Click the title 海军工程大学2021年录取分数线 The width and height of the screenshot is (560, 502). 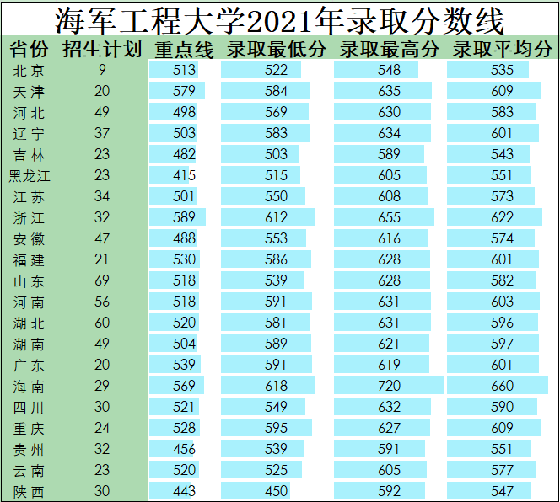point(279,19)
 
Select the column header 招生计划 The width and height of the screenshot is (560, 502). point(102,49)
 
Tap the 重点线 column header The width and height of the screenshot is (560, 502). point(184,49)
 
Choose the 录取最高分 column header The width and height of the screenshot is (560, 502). point(389,49)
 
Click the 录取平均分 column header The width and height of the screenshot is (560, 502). point(502,49)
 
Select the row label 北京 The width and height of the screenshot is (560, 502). point(30,70)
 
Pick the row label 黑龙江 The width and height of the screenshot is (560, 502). point(30,175)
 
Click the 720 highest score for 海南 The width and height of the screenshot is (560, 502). point(390,386)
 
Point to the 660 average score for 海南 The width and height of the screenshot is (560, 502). point(502,386)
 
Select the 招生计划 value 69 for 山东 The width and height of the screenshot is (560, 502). point(102,280)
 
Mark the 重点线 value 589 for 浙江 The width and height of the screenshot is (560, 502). point(184,217)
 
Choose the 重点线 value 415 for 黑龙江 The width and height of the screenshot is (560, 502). point(184,175)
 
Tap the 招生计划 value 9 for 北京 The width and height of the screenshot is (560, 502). point(102,70)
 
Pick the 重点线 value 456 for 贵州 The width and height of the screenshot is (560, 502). point(184,449)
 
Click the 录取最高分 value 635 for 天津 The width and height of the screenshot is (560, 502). point(390,91)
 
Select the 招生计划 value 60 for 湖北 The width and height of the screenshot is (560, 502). point(102,323)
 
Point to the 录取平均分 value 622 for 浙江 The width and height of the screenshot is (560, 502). point(502,217)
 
